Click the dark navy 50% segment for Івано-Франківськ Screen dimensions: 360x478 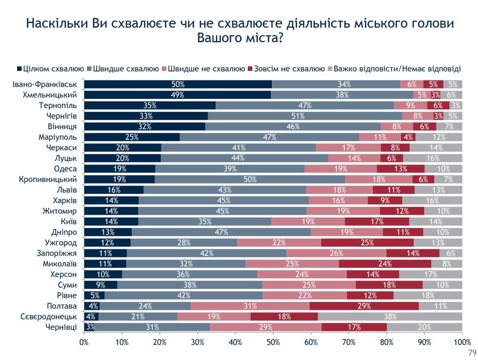[178, 84]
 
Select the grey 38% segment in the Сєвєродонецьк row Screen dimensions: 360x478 [390, 317]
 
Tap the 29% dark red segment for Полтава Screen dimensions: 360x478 [364, 306]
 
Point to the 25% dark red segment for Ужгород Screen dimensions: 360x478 [367, 243]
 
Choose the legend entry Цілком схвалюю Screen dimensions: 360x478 [51, 68]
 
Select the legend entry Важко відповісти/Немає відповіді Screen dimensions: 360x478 [397, 68]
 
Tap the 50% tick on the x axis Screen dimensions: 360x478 [273, 342]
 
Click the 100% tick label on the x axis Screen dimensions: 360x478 [462, 342]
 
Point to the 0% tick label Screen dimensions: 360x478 [84, 342]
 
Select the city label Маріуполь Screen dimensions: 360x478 [58, 137]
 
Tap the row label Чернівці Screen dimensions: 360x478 [61, 327]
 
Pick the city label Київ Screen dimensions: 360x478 [68, 222]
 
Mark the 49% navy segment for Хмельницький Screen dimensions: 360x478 [177, 95]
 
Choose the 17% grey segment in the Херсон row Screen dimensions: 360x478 [430, 275]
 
